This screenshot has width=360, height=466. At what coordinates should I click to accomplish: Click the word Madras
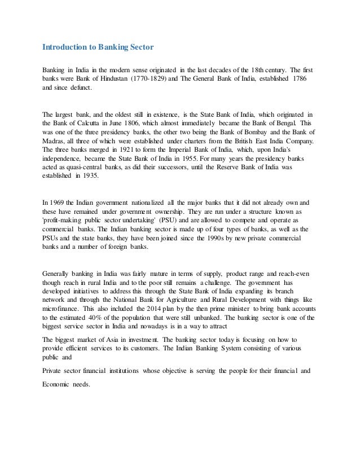[55, 140]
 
